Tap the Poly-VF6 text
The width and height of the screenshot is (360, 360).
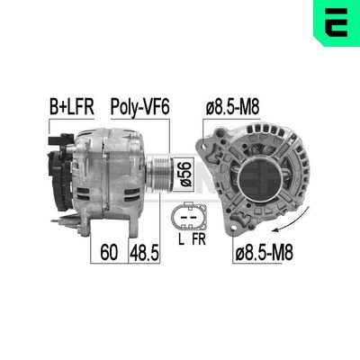point(139,108)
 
